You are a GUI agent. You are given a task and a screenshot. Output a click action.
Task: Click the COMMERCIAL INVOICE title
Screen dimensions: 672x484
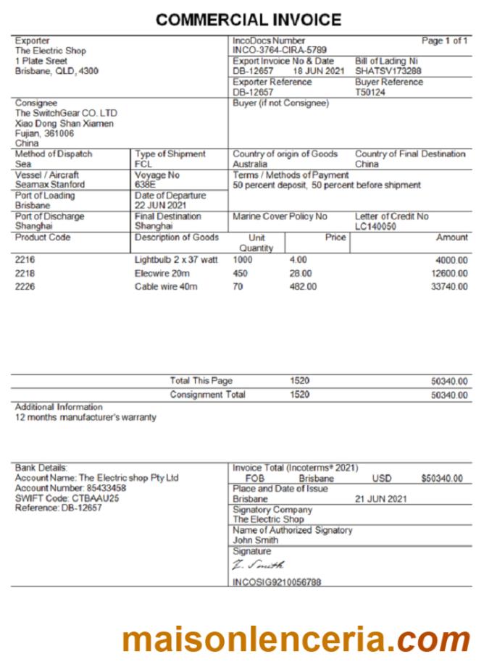tap(249, 20)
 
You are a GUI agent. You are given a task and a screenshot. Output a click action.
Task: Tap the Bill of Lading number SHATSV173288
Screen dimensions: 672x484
tap(388, 72)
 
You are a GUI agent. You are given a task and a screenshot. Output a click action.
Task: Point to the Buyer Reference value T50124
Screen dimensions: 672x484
tap(370, 93)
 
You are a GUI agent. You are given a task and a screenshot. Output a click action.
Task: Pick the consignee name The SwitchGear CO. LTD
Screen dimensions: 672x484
tap(66, 114)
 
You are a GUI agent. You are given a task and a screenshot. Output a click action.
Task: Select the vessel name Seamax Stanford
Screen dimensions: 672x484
tap(50, 185)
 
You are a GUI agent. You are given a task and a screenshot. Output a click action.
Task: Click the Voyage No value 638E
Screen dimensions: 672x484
tap(146, 185)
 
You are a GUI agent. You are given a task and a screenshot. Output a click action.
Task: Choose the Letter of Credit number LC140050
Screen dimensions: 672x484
tap(377, 227)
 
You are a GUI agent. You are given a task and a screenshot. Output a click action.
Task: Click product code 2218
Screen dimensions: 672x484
tap(25, 274)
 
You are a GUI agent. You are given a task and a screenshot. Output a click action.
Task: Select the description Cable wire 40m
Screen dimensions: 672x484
tap(166, 287)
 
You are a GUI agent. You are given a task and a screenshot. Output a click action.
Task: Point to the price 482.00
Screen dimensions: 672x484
tap(303, 287)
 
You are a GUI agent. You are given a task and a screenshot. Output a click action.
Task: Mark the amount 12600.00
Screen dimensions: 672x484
tap(449, 274)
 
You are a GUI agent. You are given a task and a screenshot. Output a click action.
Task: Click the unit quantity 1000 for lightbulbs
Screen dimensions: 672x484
tap(243, 260)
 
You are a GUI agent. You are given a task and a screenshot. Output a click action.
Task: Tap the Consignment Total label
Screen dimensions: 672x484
tap(207, 395)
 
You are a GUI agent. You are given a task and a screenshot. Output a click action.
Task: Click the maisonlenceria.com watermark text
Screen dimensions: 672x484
tap(296, 639)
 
